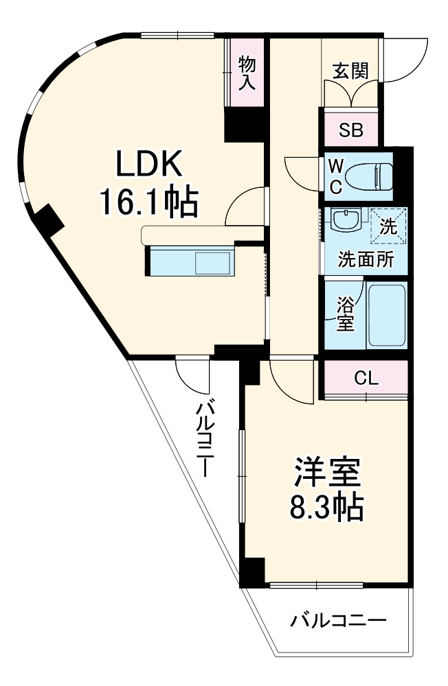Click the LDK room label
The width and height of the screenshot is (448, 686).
point(148,165)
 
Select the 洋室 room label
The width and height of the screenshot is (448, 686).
point(328,472)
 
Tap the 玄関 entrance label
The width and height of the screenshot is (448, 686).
point(350,71)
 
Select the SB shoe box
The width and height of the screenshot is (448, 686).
point(350,130)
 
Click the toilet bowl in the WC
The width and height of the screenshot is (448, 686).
point(368,176)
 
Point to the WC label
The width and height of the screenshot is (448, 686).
point(336,176)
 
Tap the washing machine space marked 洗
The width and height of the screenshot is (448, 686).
point(388,226)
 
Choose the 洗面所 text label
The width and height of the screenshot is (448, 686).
point(365,261)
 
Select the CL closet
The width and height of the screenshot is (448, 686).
point(366,378)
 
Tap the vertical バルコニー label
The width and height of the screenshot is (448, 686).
point(204,439)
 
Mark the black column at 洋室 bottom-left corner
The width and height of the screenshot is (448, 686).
point(254,571)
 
